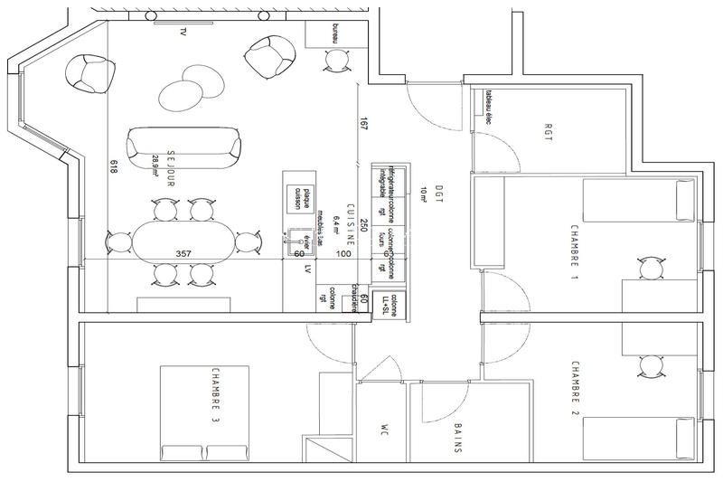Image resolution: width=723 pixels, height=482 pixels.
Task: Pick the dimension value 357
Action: click(x=183, y=254)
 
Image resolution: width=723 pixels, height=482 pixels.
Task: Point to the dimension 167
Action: click(x=363, y=125)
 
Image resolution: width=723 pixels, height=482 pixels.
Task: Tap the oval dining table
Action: click(x=183, y=243)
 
